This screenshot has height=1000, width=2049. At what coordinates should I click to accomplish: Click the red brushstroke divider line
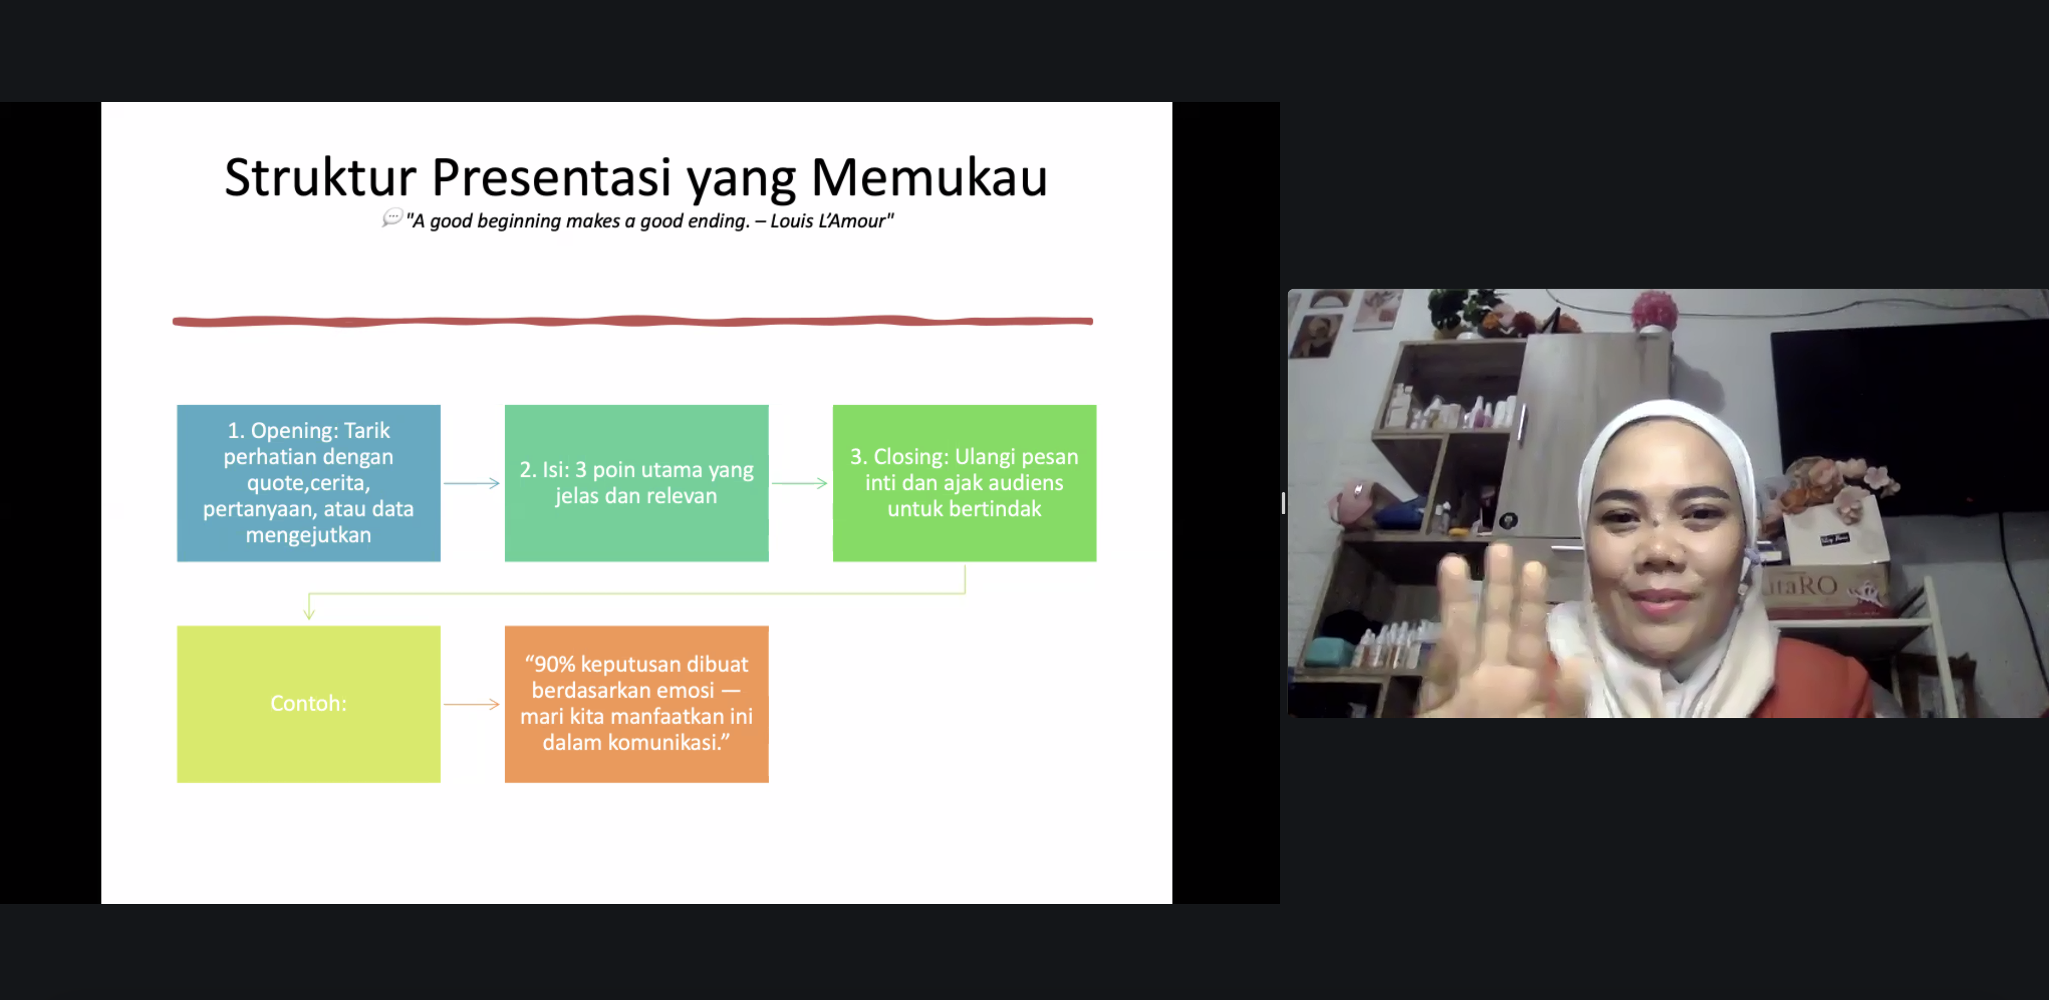click(x=632, y=321)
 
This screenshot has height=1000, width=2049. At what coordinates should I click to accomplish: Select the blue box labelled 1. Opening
click(x=309, y=483)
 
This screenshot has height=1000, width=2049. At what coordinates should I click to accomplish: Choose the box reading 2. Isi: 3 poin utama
click(x=636, y=483)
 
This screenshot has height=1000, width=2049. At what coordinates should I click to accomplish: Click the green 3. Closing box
click(x=964, y=483)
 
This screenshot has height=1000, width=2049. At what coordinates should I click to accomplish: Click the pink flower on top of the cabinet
click(x=1655, y=310)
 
